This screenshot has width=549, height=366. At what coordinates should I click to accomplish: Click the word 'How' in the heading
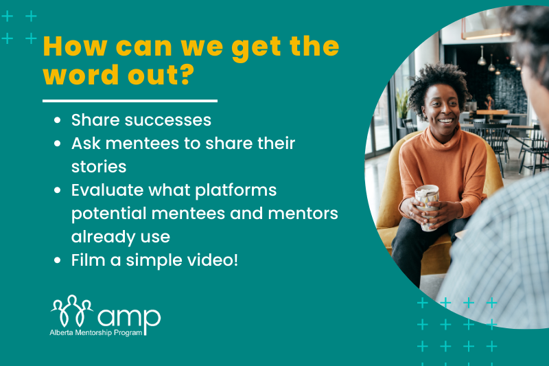pos(75,46)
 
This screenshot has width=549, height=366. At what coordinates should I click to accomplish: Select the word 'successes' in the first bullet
pos(168,120)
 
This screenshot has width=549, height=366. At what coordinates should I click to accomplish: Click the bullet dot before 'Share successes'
pos(58,120)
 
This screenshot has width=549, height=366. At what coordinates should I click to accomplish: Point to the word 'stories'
pos(99,167)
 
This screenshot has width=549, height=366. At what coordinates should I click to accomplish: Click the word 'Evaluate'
pos(108,190)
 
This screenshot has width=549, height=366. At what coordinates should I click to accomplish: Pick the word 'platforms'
pos(235,191)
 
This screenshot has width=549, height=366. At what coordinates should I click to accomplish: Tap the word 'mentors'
pos(303,214)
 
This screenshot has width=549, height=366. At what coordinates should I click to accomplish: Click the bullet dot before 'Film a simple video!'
pos(58,260)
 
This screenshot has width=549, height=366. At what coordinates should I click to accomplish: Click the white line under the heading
pos(130,101)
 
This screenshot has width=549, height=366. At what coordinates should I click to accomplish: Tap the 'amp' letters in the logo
pos(129,318)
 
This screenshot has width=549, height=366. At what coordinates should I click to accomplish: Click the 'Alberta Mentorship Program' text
pos(96,333)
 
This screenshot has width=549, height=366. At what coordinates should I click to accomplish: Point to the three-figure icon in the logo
pos(72,310)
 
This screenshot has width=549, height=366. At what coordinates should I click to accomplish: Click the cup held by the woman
pos(427,207)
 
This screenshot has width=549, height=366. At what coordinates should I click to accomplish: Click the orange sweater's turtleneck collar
pos(443,137)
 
